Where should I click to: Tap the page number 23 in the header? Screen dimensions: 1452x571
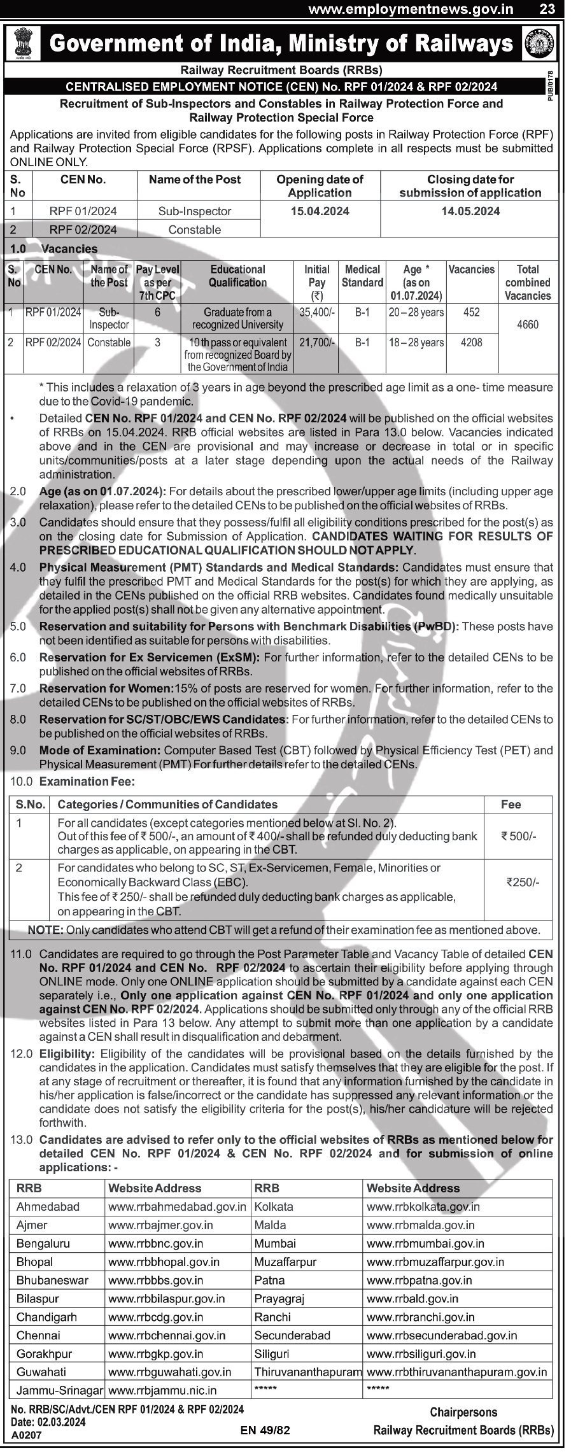547,9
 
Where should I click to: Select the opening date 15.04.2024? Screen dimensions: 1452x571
320,211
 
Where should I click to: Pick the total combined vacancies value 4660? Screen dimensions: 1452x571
528,325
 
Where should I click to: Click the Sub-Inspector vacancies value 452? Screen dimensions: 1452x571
472,312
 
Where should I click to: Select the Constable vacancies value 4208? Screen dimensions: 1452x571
472,342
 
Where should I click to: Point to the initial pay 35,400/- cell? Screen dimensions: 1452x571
316,313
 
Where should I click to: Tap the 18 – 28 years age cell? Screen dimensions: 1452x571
416,342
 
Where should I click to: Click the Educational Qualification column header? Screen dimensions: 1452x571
237,276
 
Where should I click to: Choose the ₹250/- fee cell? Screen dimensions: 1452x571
523,882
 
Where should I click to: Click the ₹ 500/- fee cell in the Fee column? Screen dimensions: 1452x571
519,836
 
